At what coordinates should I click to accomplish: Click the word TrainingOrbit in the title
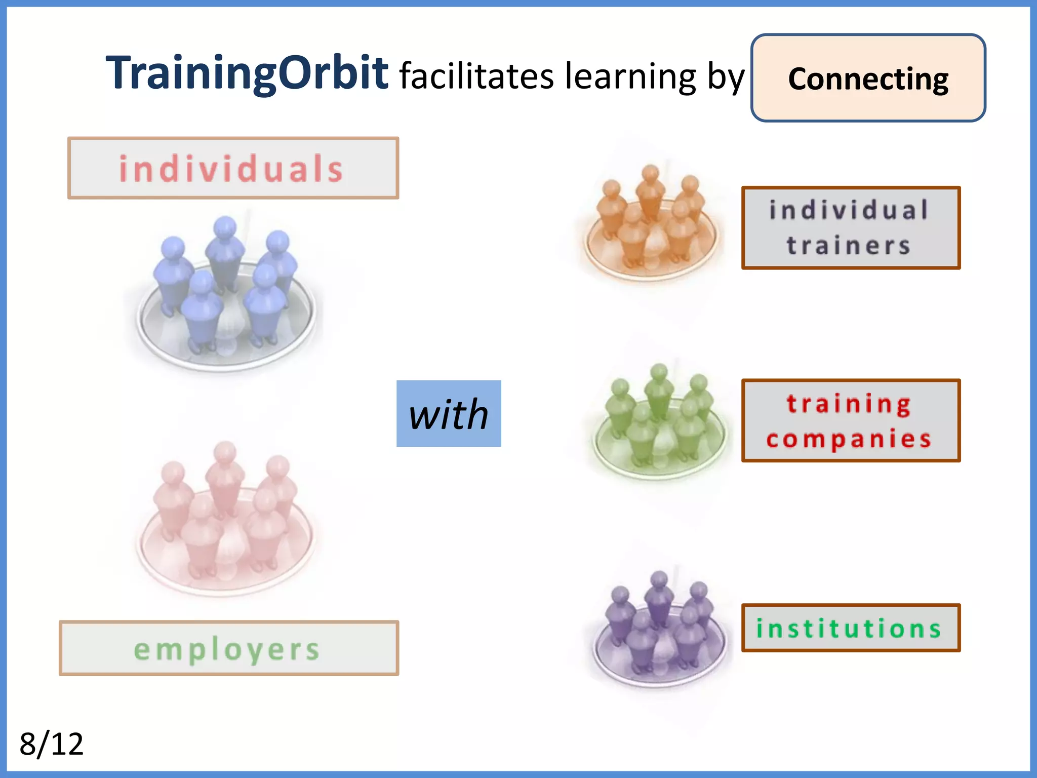247,74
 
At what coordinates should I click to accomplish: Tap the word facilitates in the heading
476,76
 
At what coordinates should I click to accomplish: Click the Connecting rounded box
868,79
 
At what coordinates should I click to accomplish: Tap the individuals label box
233,168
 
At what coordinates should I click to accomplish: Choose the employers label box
228,648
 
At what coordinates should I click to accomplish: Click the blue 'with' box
449,414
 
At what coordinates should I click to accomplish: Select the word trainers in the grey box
849,246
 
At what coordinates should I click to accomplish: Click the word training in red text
849,404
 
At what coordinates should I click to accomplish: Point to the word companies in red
849,439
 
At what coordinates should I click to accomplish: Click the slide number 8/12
51,744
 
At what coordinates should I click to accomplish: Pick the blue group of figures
225,294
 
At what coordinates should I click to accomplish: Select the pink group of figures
225,519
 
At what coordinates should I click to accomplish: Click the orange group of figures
651,223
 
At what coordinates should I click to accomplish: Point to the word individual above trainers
849,210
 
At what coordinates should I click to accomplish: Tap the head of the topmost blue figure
225,226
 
